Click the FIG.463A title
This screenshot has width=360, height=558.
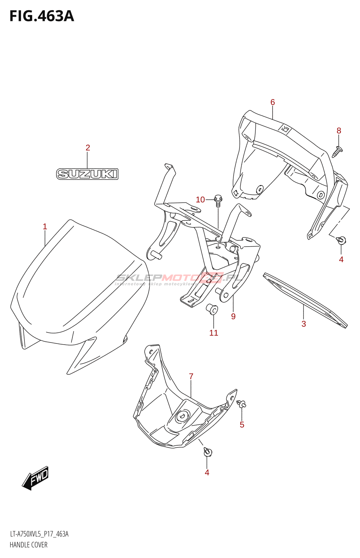click(x=42, y=16)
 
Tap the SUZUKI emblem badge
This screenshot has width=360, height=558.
click(x=87, y=174)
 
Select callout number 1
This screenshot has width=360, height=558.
click(x=45, y=227)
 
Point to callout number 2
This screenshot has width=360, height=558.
click(x=88, y=148)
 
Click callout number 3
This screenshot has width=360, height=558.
click(x=303, y=324)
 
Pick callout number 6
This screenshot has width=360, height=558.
click(x=272, y=102)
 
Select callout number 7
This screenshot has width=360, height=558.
click(x=191, y=377)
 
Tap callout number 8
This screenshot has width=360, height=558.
click(x=339, y=131)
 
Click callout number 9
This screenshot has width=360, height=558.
click(x=233, y=316)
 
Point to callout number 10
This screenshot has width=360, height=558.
click(x=200, y=199)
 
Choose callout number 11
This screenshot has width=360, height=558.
click(x=213, y=333)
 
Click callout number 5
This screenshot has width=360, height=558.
click(x=242, y=425)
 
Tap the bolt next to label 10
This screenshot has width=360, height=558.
click(x=218, y=201)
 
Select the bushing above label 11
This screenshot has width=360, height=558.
click(x=212, y=309)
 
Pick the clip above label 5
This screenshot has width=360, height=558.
click(x=241, y=404)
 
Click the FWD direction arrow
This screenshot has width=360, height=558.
click(x=36, y=477)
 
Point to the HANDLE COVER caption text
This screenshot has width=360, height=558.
click(x=29, y=545)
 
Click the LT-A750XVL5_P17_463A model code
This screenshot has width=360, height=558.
click(x=39, y=534)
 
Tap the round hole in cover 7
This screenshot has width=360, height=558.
click(x=182, y=416)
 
